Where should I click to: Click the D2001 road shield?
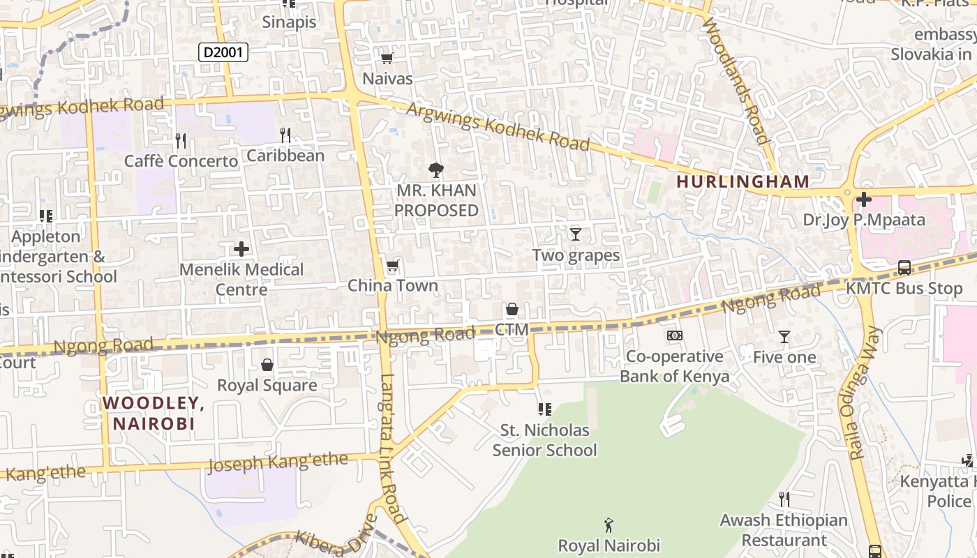click(223, 52)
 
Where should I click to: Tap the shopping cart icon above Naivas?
click(387, 59)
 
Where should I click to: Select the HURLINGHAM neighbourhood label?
click(743, 181)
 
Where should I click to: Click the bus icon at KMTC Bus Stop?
click(904, 268)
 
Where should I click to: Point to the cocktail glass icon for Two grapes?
click(576, 234)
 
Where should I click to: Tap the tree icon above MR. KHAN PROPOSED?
click(436, 169)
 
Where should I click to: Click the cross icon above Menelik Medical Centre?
click(241, 249)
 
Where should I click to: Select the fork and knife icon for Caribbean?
click(285, 135)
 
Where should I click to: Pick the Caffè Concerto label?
click(181, 161)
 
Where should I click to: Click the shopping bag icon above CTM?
click(512, 309)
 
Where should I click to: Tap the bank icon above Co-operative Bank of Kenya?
click(674, 335)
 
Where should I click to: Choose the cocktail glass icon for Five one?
click(784, 337)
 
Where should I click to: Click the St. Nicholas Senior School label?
click(544, 440)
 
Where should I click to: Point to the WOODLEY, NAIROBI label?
click(154, 413)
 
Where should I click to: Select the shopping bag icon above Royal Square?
click(267, 365)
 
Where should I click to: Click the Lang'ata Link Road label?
click(393, 448)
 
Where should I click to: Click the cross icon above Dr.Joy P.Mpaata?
click(863, 200)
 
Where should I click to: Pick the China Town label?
click(393, 285)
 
